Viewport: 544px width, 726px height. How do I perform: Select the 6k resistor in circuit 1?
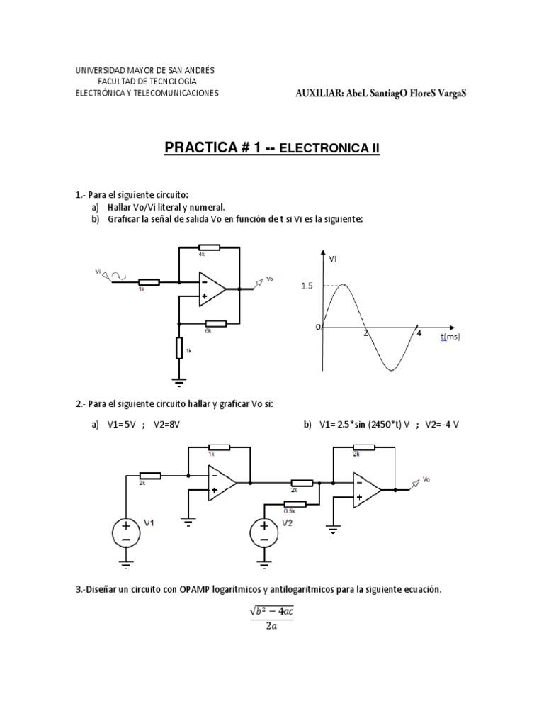pyautogui.click(x=215, y=323)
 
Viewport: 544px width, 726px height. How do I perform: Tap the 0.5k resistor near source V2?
pyautogui.click(x=295, y=504)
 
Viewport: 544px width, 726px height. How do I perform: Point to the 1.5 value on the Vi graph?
pyautogui.click(x=306, y=286)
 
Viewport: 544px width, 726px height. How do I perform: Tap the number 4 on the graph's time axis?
pyautogui.click(x=419, y=333)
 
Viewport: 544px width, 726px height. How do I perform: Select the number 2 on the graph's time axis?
pyautogui.click(x=365, y=333)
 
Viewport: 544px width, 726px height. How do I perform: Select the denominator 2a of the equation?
pyautogui.click(x=272, y=626)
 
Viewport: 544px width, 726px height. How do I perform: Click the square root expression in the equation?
pyautogui.click(x=272, y=611)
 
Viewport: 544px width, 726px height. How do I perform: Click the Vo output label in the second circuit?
pyautogui.click(x=426, y=480)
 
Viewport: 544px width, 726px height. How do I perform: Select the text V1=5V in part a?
pyautogui.click(x=122, y=424)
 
